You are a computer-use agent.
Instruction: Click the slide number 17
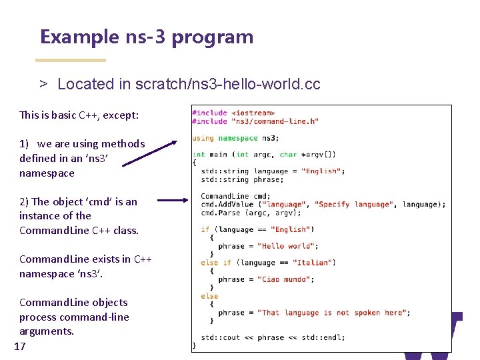tap(19, 346)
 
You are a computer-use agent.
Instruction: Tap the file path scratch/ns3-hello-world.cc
tap(227, 84)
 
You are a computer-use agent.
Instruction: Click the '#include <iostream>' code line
tap(233, 113)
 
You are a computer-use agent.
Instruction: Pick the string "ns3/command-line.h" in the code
tap(275, 121)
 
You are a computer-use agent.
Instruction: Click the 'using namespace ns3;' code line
tap(235, 138)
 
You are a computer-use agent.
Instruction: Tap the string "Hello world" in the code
tap(285, 246)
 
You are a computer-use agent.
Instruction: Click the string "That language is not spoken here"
tap(333, 313)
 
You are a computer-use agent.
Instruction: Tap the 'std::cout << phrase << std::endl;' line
tap(273, 337)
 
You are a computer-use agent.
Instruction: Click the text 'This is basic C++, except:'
tap(79, 115)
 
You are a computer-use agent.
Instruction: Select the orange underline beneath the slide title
tap(70, 61)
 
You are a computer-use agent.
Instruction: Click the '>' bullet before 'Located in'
tap(43, 84)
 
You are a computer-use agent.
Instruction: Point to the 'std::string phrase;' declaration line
tap(242, 179)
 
